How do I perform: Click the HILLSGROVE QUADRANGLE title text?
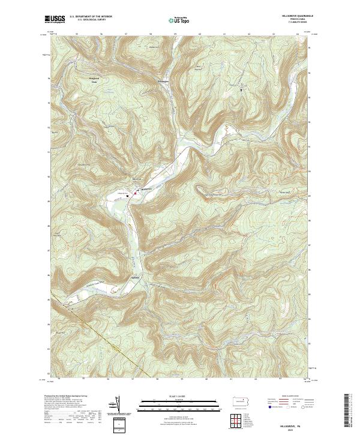pos(296,16)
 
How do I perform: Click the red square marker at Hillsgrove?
pos(136,193)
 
